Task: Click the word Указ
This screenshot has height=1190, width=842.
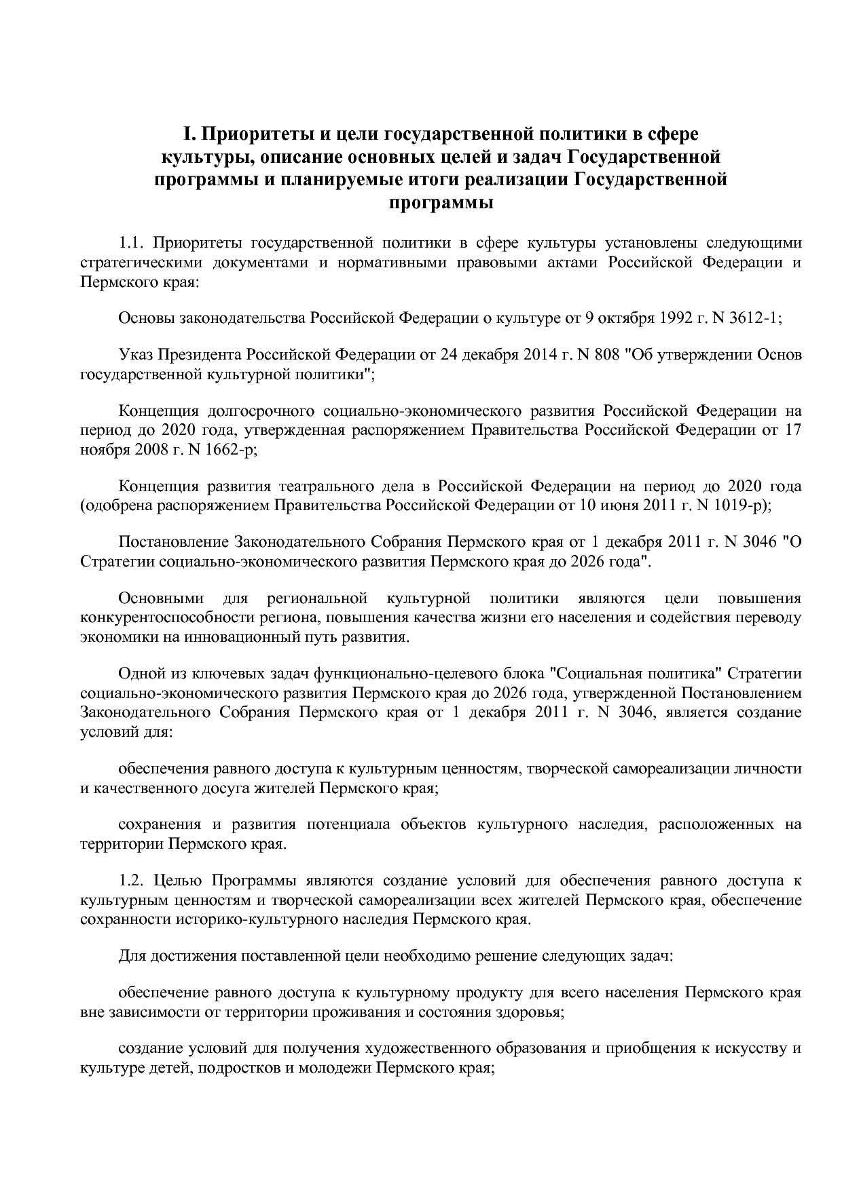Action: point(136,355)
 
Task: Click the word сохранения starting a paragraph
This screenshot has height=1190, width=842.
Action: point(160,825)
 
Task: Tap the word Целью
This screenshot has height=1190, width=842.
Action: point(178,881)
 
